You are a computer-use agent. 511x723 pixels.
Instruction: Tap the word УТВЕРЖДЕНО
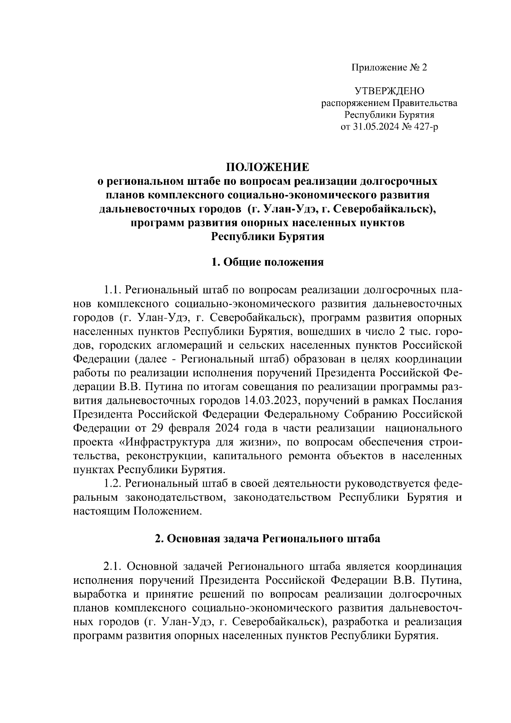click(x=389, y=91)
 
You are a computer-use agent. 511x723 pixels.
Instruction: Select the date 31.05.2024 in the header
click(x=373, y=127)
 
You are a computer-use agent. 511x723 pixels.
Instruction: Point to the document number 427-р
click(x=423, y=127)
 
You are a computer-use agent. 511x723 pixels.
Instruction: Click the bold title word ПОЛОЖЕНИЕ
click(x=268, y=167)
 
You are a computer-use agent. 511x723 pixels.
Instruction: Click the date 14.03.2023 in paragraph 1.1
click(x=273, y=401)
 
